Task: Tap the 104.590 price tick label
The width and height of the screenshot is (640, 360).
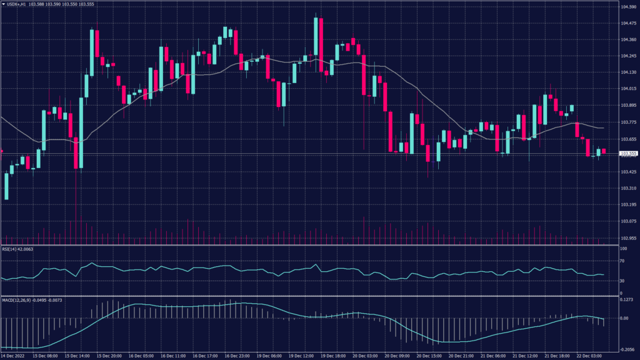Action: [x=627, y=7]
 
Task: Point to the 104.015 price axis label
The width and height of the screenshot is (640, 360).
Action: [x=627, y=89]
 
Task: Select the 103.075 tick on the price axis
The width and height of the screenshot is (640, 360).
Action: [x=627, y=221]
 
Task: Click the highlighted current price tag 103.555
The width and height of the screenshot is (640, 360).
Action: [x=628, y=154]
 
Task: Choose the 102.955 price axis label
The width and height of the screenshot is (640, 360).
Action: [x=627, y=238]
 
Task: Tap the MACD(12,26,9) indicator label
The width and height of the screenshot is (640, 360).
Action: [x=16, y=300]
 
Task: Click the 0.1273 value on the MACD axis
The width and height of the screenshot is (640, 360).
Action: [x=626, y=301]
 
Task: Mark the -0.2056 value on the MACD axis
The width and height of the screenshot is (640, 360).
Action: [x=626, y=351]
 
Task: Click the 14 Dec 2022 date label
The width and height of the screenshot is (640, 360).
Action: [x=14, y=356]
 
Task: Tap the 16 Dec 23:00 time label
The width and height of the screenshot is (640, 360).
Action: [x=237, y=356]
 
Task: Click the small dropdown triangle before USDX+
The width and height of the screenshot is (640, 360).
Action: [x=3, y=4]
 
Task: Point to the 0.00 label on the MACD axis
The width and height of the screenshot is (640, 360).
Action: [x=623, y=318]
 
